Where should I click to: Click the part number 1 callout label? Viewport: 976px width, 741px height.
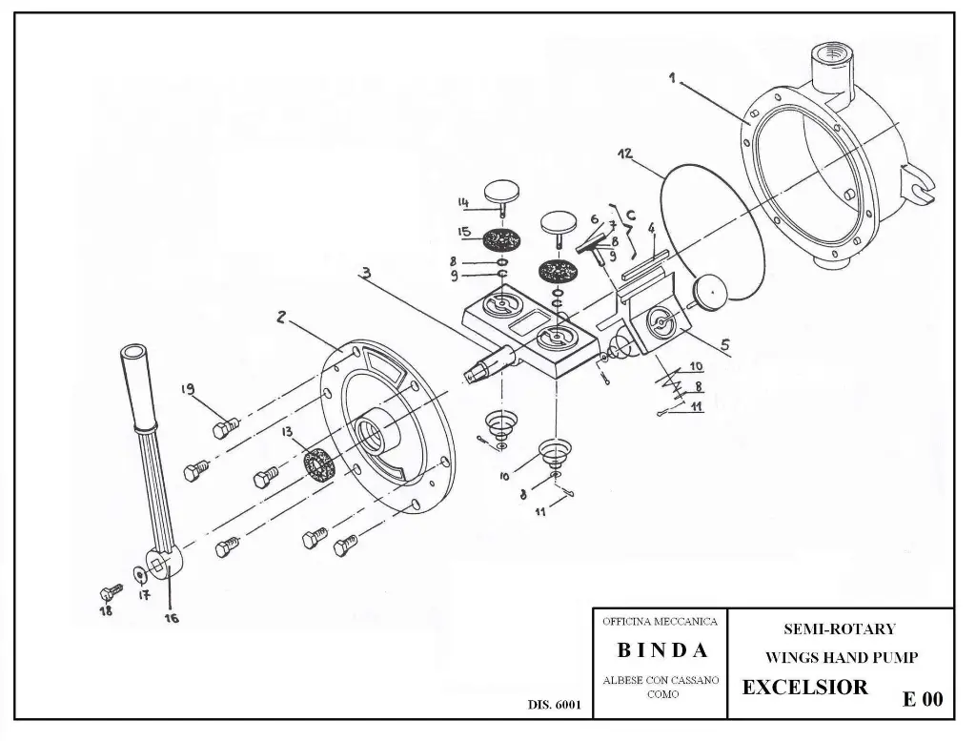(x=672, y=79)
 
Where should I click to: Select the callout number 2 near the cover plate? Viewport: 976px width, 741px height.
(x=281, y=319)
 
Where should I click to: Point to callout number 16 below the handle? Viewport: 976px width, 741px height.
(x=173, y=616)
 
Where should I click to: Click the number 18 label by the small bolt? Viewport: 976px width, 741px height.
(x=107, y=610)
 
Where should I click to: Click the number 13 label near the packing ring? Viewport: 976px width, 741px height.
(x=286, y=432)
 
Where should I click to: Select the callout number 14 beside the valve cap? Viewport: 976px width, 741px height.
(x=464, y=201)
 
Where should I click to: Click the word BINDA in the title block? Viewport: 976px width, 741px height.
(x=662, y=651)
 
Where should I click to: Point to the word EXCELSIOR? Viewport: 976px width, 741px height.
(x=804, y=688)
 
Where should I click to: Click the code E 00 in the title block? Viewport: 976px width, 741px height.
(x=922, y=699)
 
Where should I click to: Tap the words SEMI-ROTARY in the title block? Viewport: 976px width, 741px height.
(x=840, y=628)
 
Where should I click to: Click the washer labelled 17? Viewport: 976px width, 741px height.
(x=141, y=573)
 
